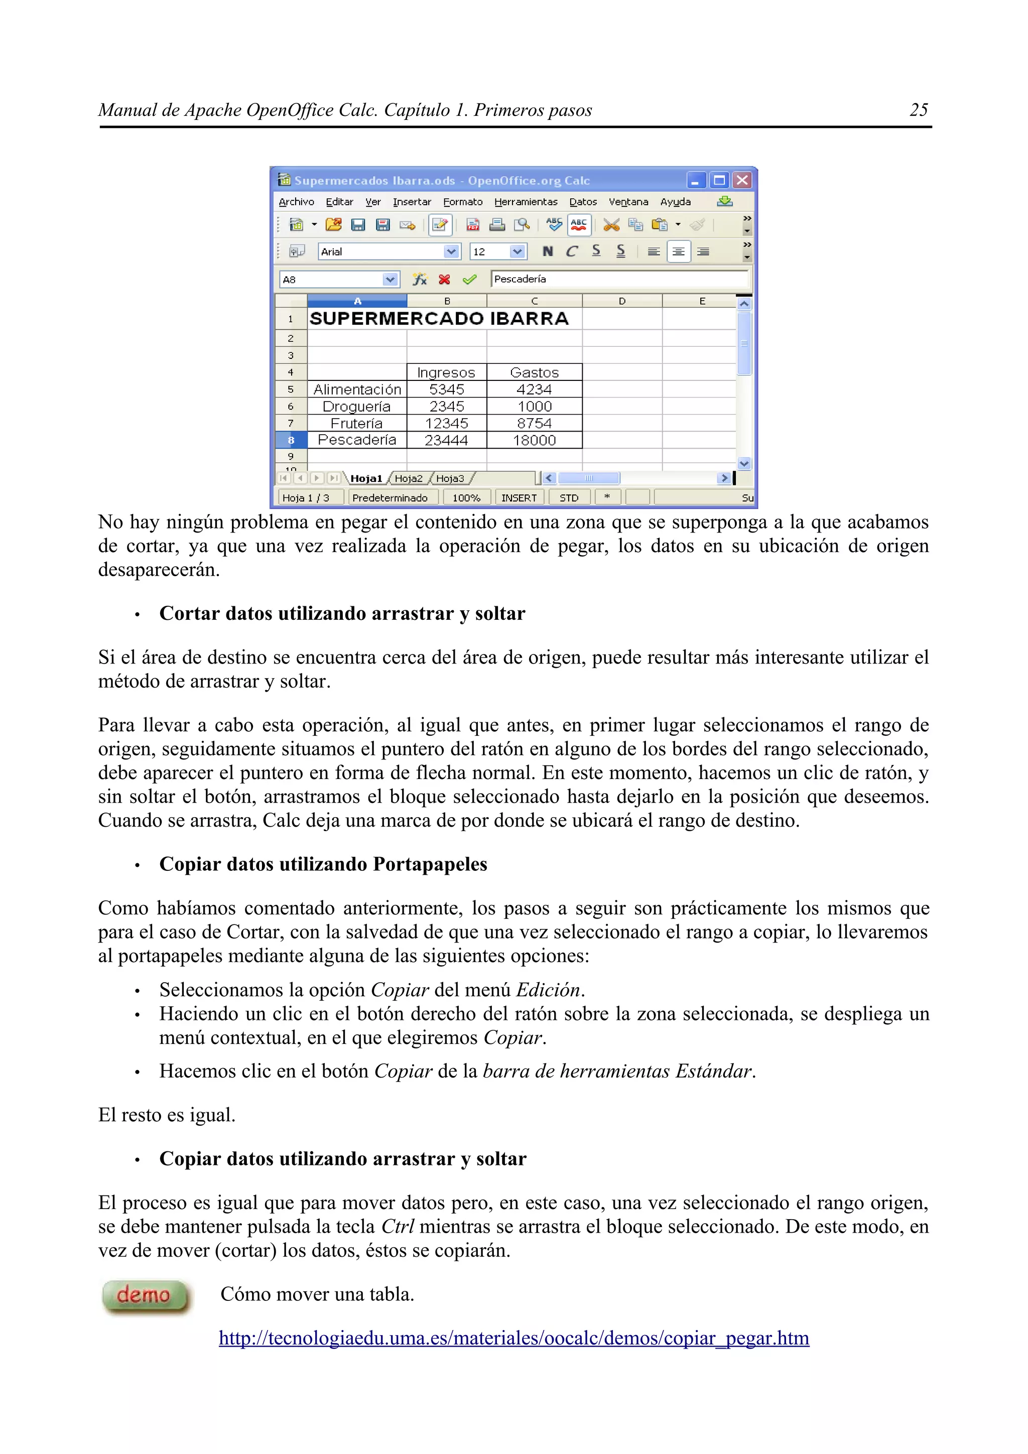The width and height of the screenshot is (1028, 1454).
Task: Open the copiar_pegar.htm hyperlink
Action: pos(513,1338)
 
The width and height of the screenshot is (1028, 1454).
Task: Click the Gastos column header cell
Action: pos(534,372)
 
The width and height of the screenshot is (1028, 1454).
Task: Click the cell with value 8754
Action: pos(534,423)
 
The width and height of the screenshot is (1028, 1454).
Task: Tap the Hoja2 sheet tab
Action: pos(408,479)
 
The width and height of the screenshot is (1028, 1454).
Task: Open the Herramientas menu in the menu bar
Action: pos(525,202)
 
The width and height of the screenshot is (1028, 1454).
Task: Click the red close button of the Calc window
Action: pos(742,181)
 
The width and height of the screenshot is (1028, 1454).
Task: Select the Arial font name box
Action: pos(380,252)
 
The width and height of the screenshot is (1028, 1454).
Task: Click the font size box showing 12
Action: pos(489,252)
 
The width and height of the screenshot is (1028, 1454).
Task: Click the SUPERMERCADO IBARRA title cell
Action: pos(438,319)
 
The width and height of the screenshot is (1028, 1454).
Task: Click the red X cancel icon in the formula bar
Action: pos(445,279)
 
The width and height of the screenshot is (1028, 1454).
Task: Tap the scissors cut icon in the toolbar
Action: pos(610,225)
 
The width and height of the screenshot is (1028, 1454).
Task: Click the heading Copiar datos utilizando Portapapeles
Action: pos(323,864)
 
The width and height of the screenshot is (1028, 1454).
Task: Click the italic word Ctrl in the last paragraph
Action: pos(397,1227)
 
